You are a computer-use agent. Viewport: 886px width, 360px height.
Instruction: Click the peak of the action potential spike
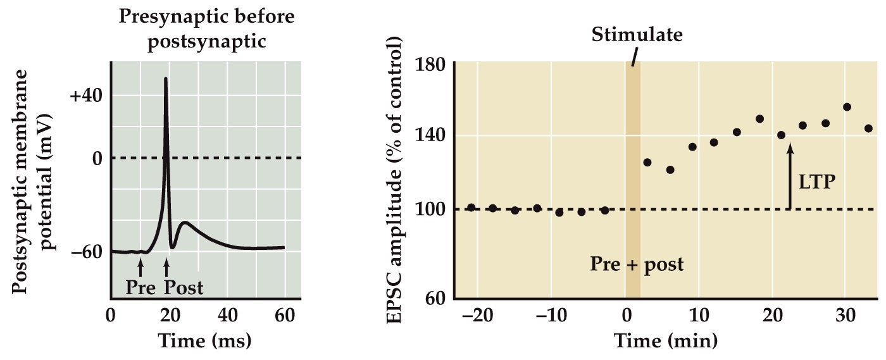click(166, 79)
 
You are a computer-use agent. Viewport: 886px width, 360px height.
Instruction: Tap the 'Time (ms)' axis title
click(205, 340)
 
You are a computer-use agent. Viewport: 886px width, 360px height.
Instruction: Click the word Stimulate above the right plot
click(637, 34)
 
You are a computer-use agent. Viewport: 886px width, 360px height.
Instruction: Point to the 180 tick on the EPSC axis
click(431, 65)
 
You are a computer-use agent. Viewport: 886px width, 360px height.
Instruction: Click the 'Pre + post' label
click(637, 263)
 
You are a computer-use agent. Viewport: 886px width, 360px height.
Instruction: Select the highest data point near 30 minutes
click(847, 107)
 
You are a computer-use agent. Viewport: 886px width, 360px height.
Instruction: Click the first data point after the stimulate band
click(647, 163)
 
